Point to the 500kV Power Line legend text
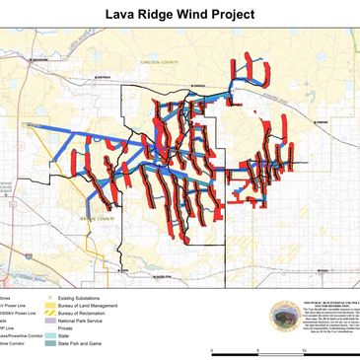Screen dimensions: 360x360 click(x=18, y=311)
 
